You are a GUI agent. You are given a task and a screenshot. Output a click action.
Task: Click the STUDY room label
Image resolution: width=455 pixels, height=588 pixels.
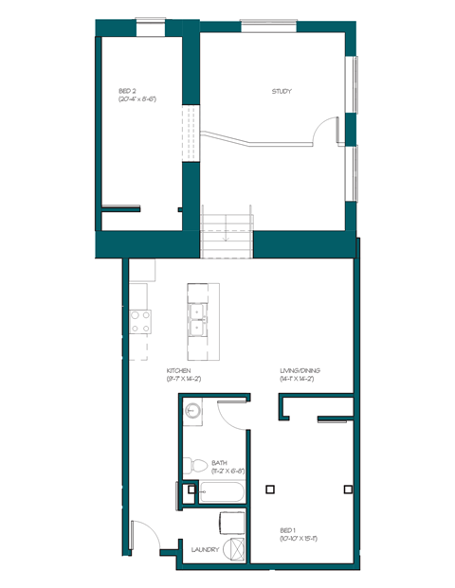click(x=281, y=92)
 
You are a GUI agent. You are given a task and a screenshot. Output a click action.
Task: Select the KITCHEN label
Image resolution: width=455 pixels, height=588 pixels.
click(x=179, y=371)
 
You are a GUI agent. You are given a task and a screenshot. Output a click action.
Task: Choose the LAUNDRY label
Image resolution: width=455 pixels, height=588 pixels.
click(x=205, y=550)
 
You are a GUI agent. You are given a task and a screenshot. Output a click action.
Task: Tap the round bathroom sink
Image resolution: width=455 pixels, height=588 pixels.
click(x=193, y=410)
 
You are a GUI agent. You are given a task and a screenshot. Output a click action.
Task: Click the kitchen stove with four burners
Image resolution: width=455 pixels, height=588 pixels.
click(x=141, y=322)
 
